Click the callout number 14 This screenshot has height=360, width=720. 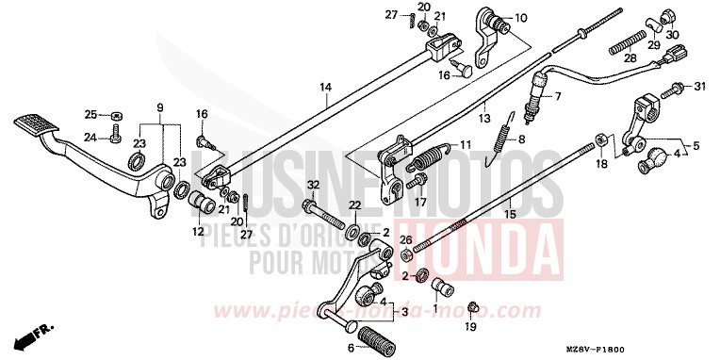coord(325,89)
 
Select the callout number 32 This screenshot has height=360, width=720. coord(313,184)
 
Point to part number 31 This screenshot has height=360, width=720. coord(698,88)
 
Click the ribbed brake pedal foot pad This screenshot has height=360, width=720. coord(39,123)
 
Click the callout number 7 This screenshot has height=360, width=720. coord(557,96)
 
